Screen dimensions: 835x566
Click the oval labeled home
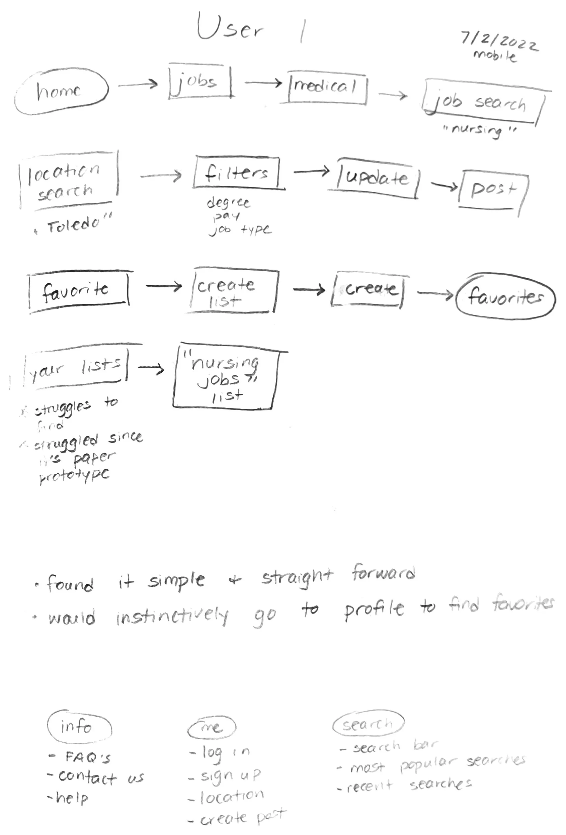coord(61,92)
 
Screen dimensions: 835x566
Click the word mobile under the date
coord(495,55)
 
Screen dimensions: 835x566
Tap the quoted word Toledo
coord(74,224)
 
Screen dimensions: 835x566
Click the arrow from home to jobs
coord(138,85)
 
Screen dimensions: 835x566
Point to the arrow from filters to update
coord(311,171)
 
